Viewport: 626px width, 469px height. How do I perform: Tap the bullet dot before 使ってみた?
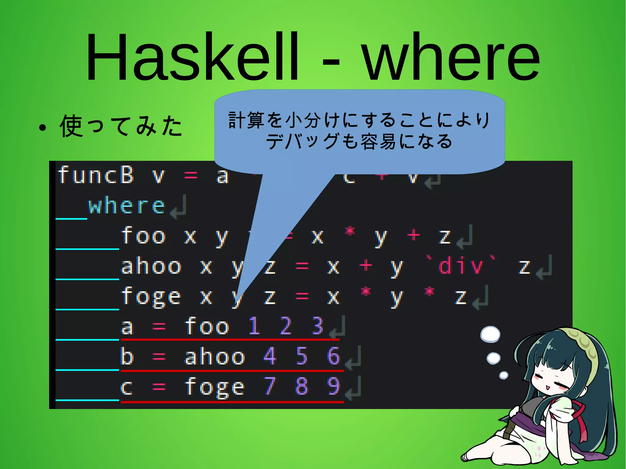click(42, 128)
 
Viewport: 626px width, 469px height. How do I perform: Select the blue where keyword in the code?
click(127, 206)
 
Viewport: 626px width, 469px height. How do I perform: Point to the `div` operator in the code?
click(462, 266)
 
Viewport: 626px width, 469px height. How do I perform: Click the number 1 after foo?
click(254, 326)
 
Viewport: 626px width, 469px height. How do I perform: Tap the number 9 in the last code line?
click(333, 386)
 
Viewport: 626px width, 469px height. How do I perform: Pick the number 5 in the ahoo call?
click(302, 356)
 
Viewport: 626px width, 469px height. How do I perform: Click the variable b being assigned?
click(127, 356)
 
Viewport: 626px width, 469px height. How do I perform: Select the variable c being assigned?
click(127, 387)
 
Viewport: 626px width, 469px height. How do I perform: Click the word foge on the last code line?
click(215, 387)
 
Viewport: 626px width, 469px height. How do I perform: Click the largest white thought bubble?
click(490, 334)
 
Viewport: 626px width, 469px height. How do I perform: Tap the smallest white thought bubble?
click(503, 375)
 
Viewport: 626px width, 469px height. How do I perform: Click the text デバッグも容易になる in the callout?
click(359, 141)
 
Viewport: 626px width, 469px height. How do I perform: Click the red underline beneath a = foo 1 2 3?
click(230, 339)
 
